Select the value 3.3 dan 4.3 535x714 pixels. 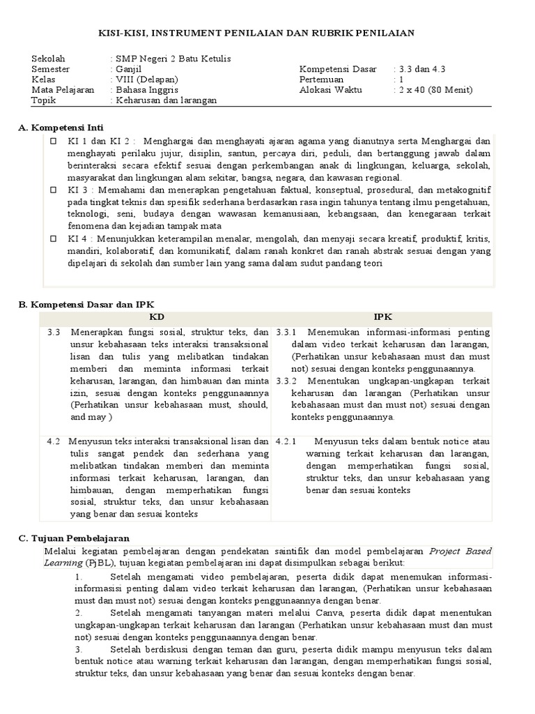421,68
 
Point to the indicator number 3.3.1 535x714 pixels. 286,332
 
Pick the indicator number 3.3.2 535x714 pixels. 286,381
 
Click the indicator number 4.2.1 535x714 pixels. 286,441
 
